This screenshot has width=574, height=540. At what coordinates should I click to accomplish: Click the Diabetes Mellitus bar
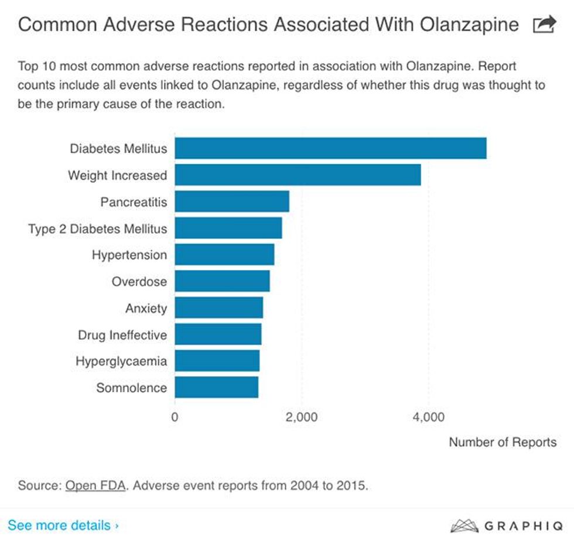[x=330, y=148]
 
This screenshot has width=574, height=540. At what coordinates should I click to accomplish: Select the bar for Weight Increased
[x=298, y=175]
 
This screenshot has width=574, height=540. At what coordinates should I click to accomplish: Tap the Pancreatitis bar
[x=232, y=201]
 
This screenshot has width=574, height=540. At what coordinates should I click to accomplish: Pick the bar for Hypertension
[x=224, y=255]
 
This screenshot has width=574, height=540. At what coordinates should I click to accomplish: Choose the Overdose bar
[x=222, y=281]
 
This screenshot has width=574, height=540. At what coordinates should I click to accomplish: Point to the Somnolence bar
[x=216, y=387]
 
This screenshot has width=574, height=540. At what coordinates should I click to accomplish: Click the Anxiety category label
[x=146, y=308]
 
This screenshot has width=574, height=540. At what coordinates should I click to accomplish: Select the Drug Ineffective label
[x=122, y=335]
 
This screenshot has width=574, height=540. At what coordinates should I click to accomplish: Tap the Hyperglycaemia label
[x=121, y=361]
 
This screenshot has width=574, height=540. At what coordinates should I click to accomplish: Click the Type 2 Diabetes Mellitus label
[x=97, y=228]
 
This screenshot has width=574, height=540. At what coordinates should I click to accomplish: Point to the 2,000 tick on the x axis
[x=301, y=417]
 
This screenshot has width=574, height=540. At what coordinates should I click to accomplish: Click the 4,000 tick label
[x=428, y=417]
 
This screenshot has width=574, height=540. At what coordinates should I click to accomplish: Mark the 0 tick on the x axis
[x=175, y=417]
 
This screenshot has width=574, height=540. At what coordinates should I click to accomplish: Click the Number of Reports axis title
[x=503, y=442]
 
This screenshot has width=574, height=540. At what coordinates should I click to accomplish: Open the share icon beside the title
[x=544, y=25]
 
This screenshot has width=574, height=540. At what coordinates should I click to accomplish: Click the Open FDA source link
[x=95, y=486]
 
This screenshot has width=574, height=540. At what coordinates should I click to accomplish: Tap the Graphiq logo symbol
[x=463, y=525]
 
